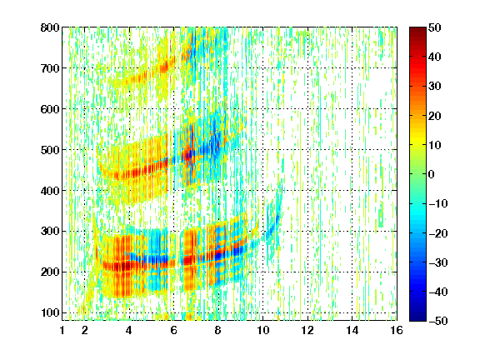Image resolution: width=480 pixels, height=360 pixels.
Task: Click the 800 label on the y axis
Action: point(50,27)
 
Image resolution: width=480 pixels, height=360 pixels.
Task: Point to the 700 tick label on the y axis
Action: point(50,68)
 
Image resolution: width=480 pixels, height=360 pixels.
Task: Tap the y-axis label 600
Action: point(50,109)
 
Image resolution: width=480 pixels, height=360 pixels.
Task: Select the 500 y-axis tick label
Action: point(50,150)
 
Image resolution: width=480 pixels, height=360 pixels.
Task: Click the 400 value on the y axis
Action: point(50,191)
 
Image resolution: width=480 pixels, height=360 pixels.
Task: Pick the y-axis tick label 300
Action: point(50,231)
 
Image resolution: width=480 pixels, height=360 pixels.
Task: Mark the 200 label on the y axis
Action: point(50,272)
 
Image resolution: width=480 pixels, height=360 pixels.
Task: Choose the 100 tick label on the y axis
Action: point(50,312)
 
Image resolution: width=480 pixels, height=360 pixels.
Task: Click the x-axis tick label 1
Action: point(62,330)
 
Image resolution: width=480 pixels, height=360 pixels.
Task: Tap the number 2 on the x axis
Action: point(85,330)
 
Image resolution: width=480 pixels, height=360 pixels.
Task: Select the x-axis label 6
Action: point(174,330)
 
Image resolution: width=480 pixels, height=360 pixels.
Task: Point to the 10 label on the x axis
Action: point(263,330)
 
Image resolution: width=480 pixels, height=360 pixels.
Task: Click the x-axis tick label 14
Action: point(352,330)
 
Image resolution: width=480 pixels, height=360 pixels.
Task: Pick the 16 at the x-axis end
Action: point(397,330)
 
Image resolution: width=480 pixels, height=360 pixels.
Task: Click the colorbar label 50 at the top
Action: point(435,27)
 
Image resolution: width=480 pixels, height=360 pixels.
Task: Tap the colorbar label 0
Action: point(432,174)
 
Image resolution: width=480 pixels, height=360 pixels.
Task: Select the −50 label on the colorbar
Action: point(438,321)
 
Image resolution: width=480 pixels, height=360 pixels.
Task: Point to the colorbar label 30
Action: point(435,86)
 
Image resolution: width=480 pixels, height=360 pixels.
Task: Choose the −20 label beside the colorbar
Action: point(438,233)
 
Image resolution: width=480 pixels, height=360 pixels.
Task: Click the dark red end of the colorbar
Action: point(417,30)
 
